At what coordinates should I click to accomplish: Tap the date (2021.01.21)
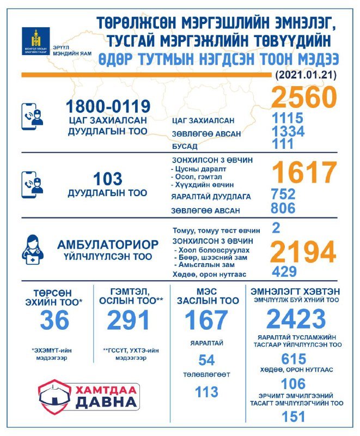pos(306,74)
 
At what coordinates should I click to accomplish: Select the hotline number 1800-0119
pos(108,106)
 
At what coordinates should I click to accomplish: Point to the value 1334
pos(288,132)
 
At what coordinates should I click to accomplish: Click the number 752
pos(283,195)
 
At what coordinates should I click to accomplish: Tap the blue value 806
pos(283,208)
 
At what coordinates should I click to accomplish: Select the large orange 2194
pos(304,252)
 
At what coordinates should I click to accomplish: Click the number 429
pos(283,271)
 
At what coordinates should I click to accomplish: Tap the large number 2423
pos(296,319)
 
